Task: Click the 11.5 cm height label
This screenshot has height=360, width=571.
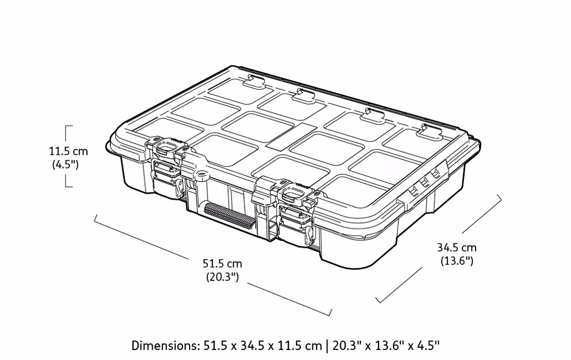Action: coord(69,151)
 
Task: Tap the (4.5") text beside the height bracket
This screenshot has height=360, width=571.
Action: coord(65,164)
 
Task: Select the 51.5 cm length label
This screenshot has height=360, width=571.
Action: coord(222,263)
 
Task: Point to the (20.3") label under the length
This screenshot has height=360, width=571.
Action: coord(222,277)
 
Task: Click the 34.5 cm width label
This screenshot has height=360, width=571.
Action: coord(457,247)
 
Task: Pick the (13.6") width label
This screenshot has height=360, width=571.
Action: coord(457,261)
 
